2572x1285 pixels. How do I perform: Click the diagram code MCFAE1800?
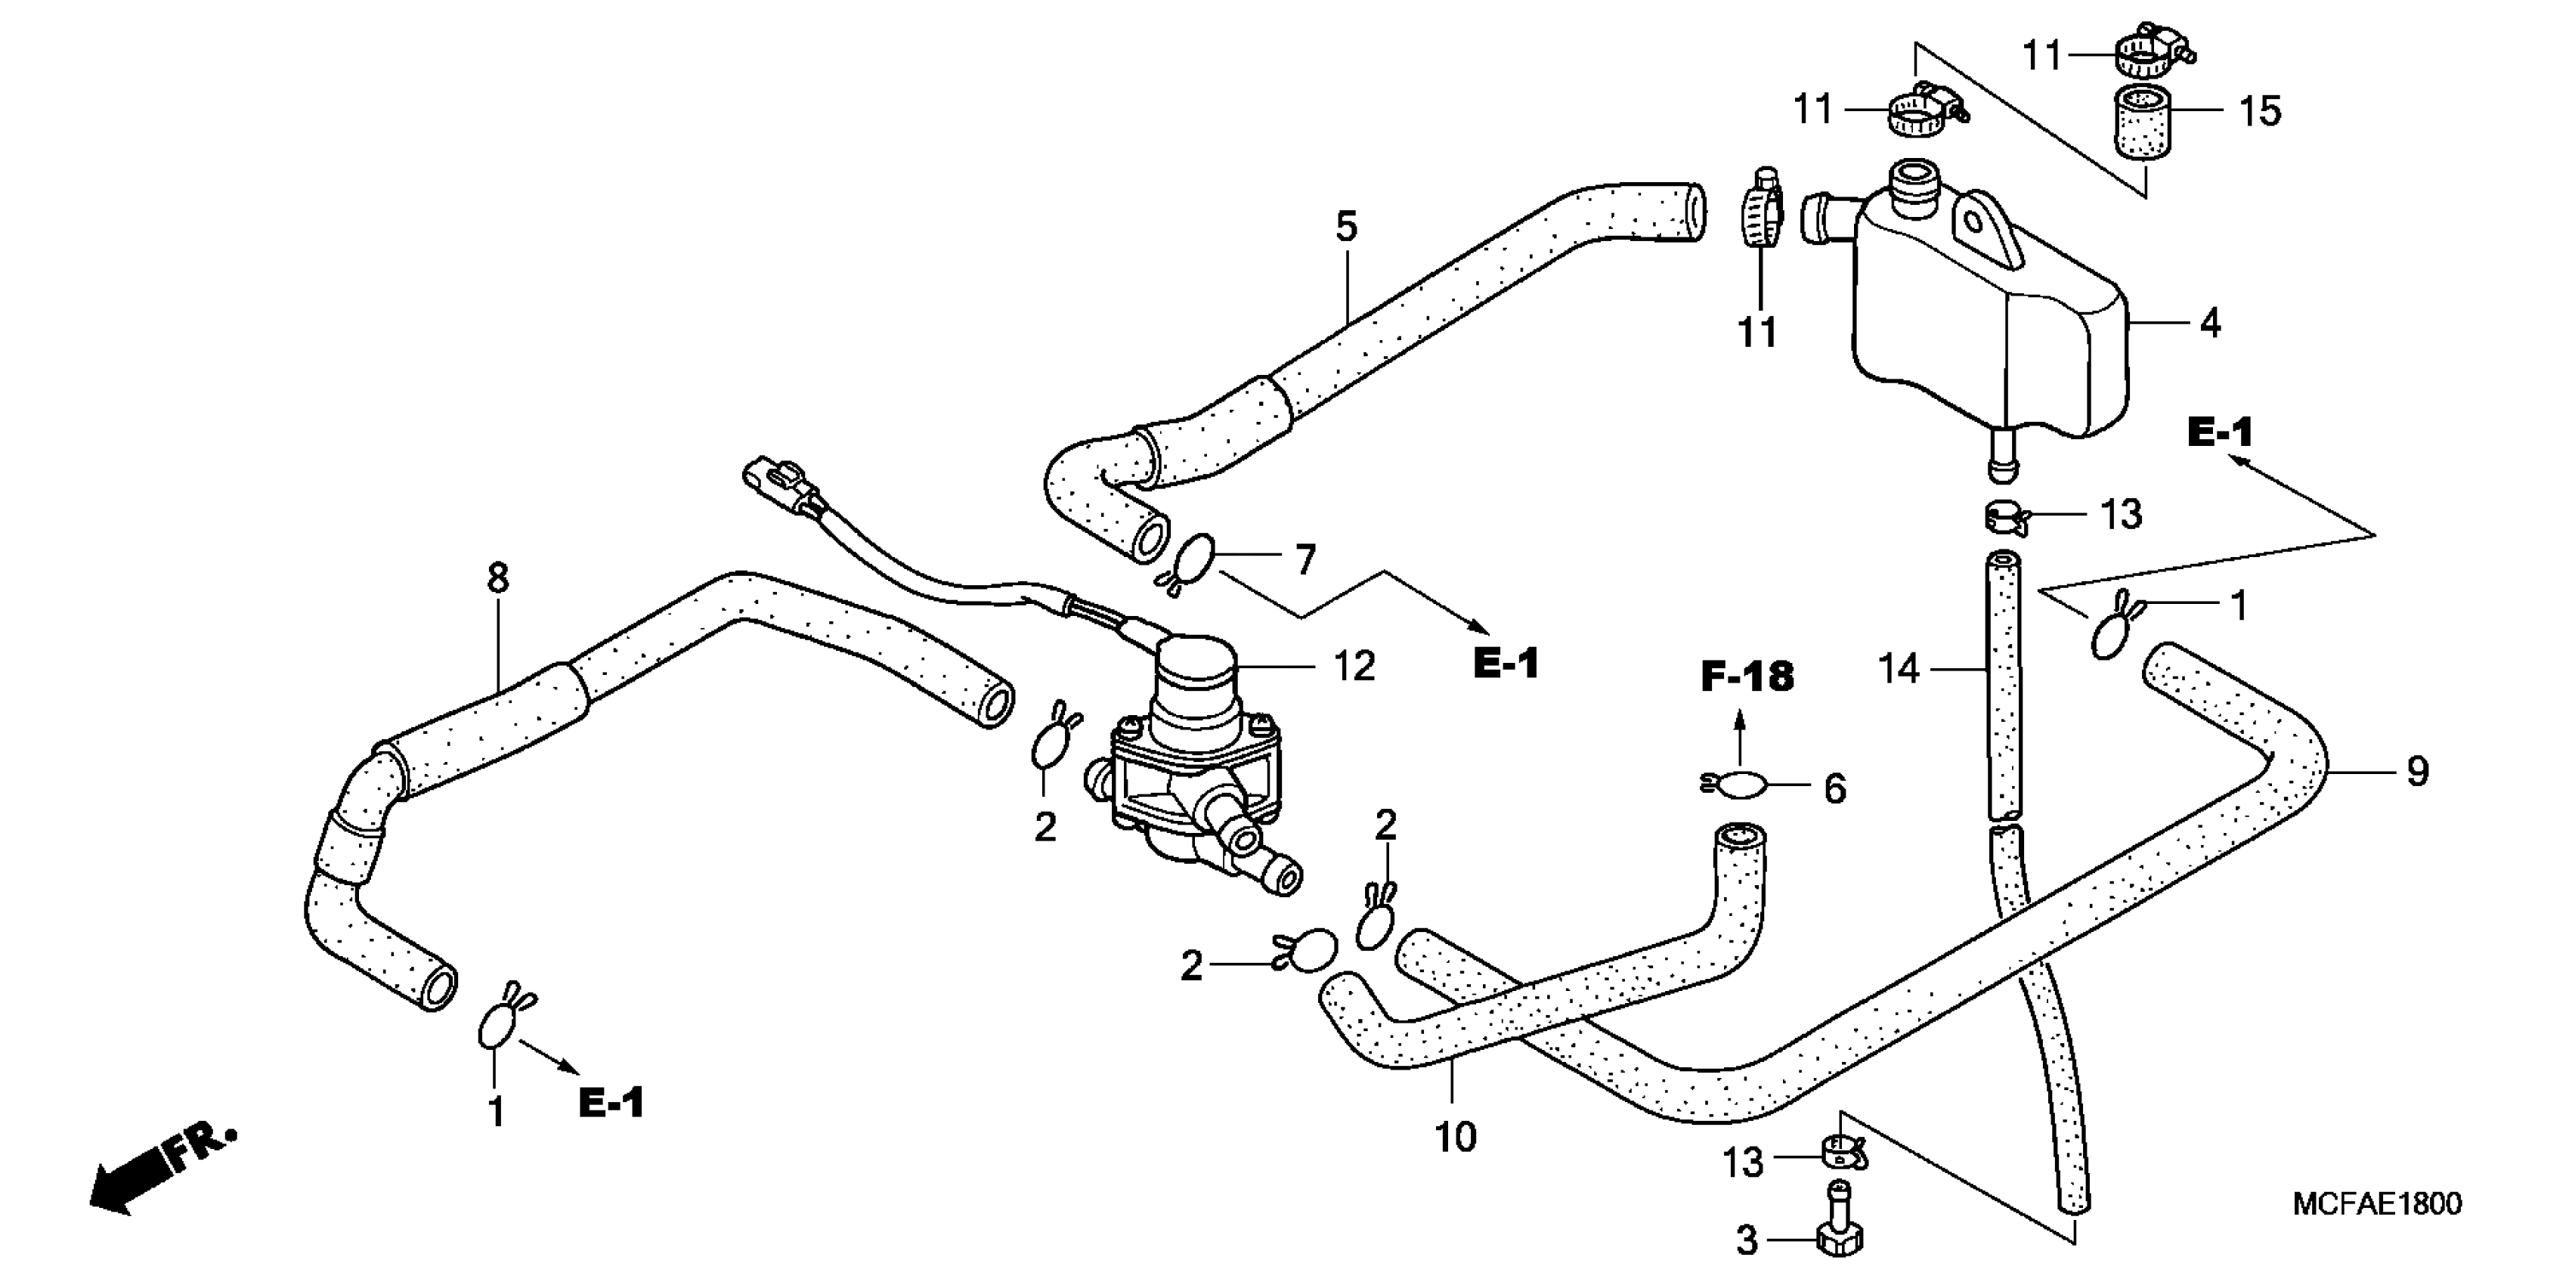2377,1204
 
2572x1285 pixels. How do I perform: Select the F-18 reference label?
1747,678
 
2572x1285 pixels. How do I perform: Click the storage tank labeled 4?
1987,320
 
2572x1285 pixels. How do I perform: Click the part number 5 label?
1346,228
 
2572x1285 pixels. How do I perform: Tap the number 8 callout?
497,578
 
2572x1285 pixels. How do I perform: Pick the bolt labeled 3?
1838,1223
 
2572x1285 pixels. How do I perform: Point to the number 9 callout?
2416,772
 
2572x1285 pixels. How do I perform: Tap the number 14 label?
1899,669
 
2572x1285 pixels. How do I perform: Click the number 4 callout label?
2211,324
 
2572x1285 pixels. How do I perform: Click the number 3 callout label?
1746,1241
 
